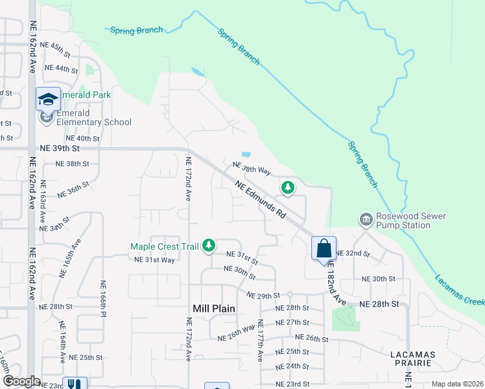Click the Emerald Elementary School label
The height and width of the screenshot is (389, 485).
point(94,117)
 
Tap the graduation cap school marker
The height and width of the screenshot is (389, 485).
point(48,99)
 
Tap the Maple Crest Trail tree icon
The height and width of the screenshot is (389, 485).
point(208,245)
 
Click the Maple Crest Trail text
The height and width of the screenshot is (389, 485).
point(165,246)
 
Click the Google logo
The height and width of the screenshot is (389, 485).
point(21,381)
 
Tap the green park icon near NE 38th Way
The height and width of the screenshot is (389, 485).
point(287,188)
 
